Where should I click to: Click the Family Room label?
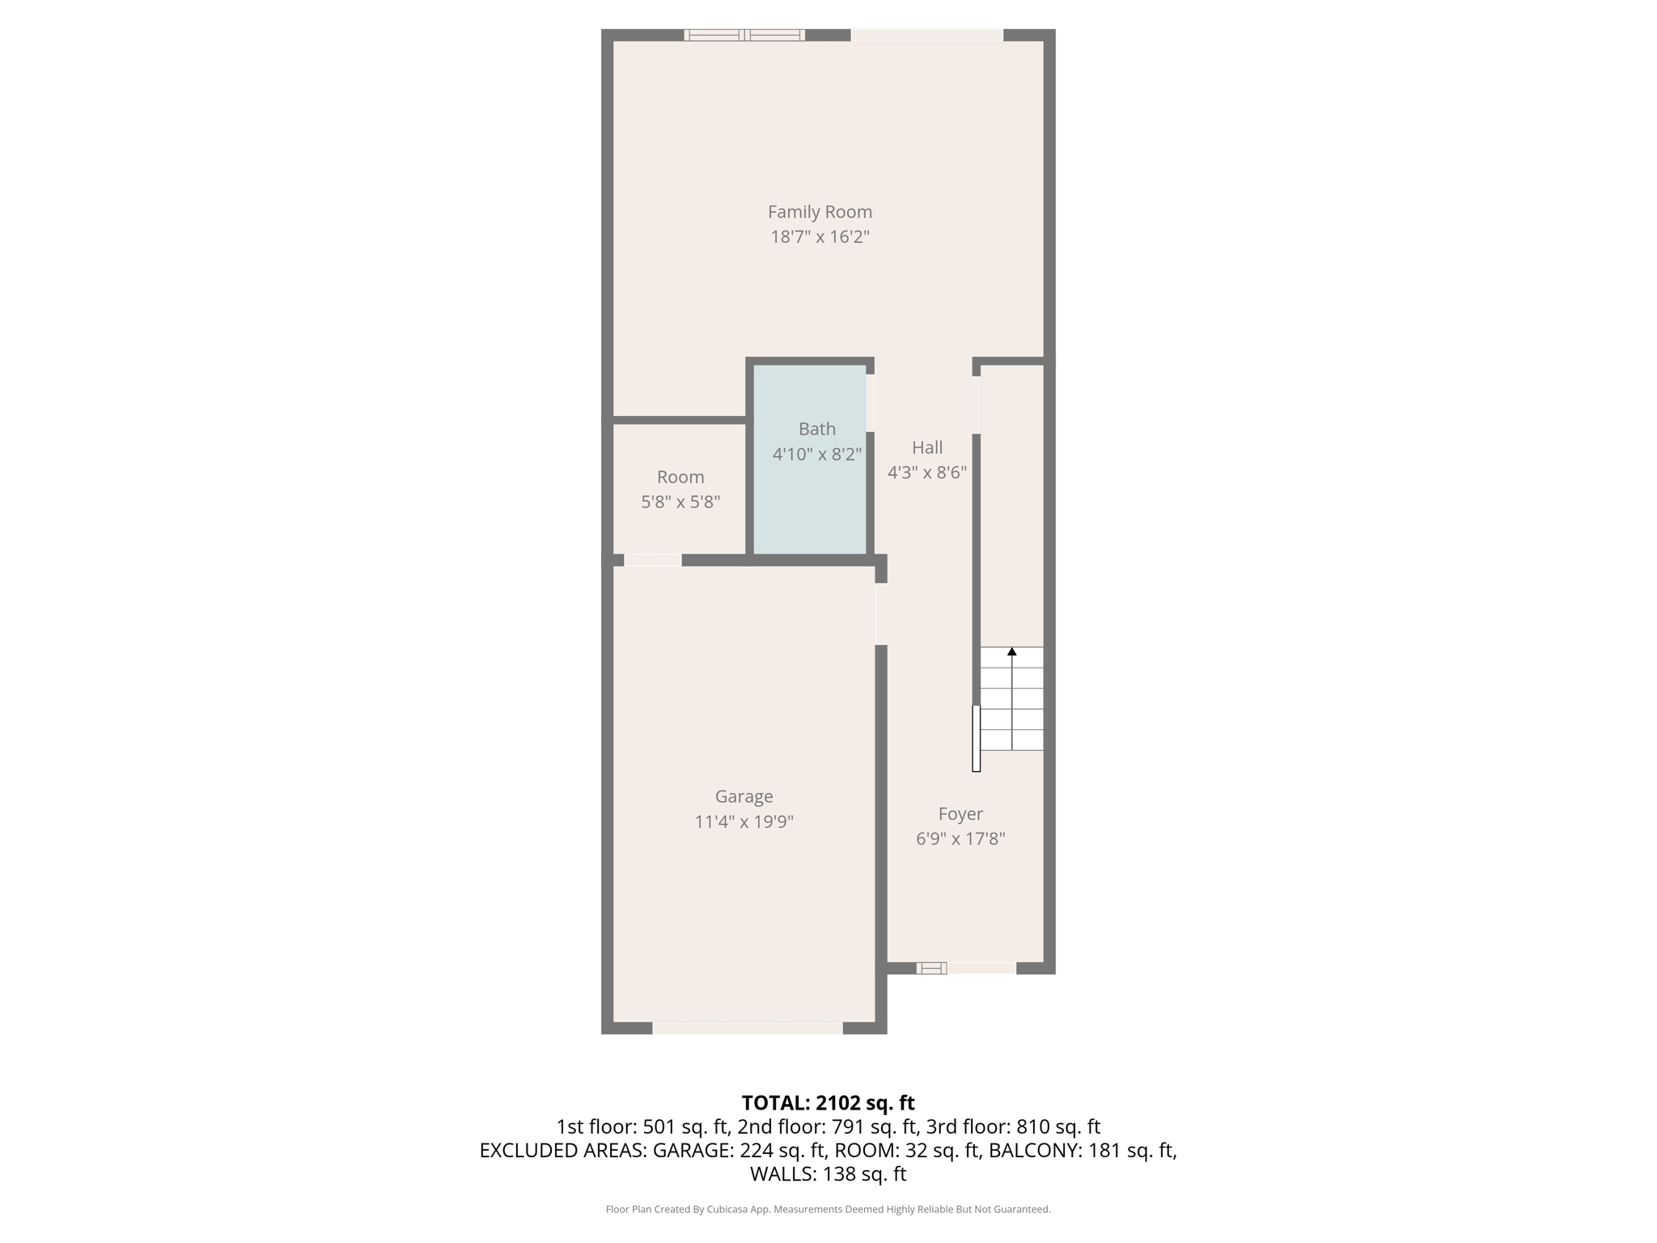pyautogui.click(x=820, y=212)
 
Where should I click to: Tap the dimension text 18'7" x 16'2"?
pyautogui.click(x=820, y=237)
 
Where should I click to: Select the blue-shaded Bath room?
pyautogui.click(x=810, y=502)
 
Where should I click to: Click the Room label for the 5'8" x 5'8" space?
pyautogui.click(x=680, y=477)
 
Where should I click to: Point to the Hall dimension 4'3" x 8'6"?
pyautogui.click(x=927, y=473)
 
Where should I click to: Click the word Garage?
pyautogui.click(x=744, y=797)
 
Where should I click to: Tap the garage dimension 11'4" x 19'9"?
pyautogui.click(x=744, y=822)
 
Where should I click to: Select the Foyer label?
pyautogui.click(x=960, y=814)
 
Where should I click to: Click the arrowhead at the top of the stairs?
pyautogui.click(x=1011, y=651)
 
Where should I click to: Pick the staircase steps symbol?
pyautogui.click(x=1011, y=700)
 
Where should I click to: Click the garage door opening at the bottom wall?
pyautogui.click(x=748, y=1028)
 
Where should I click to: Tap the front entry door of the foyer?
pyautogui.click(x=981, y=968)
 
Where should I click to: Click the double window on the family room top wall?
pyautogui.click(x=744, y=35)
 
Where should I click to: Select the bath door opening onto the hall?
pyautogui.click(x=871, y=402)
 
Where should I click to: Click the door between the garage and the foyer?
pyautogui.click(x=881, y=614)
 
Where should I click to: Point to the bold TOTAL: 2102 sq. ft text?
pyautogui.click(x=828, y=1103)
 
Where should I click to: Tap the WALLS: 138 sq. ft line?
pyautogui.click(x=828, y=1174)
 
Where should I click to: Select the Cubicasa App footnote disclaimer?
pyautogui.click(x=828, y=1209)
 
